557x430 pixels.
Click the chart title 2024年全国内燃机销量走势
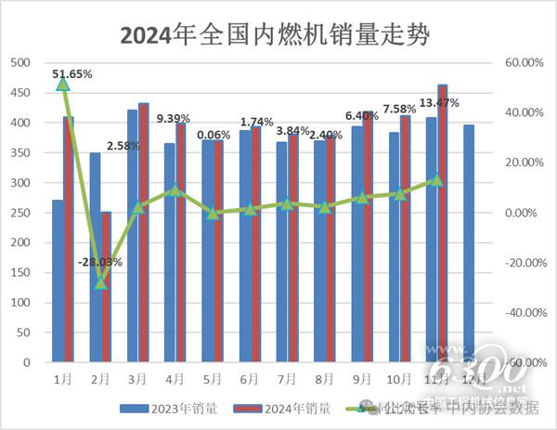(278, 34)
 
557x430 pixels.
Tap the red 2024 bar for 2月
(106, 288)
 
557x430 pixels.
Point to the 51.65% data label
(72, 72)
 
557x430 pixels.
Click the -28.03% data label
(100, 263)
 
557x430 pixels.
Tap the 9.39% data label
(174, 118)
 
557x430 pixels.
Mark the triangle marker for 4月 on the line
(175, 190)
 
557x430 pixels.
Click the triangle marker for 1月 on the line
(63, 85)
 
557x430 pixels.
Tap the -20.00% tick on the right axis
(520, 263)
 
